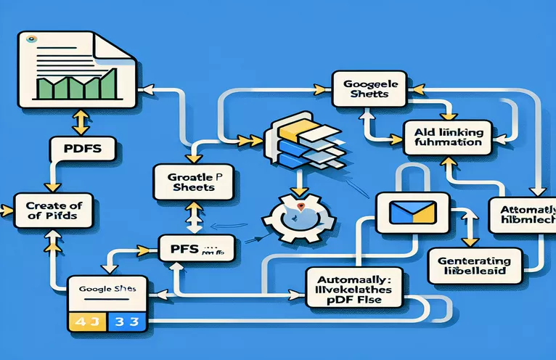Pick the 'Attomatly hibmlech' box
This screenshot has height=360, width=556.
[x=521, y=216]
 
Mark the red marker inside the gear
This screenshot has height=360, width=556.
[x=298, y=208]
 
